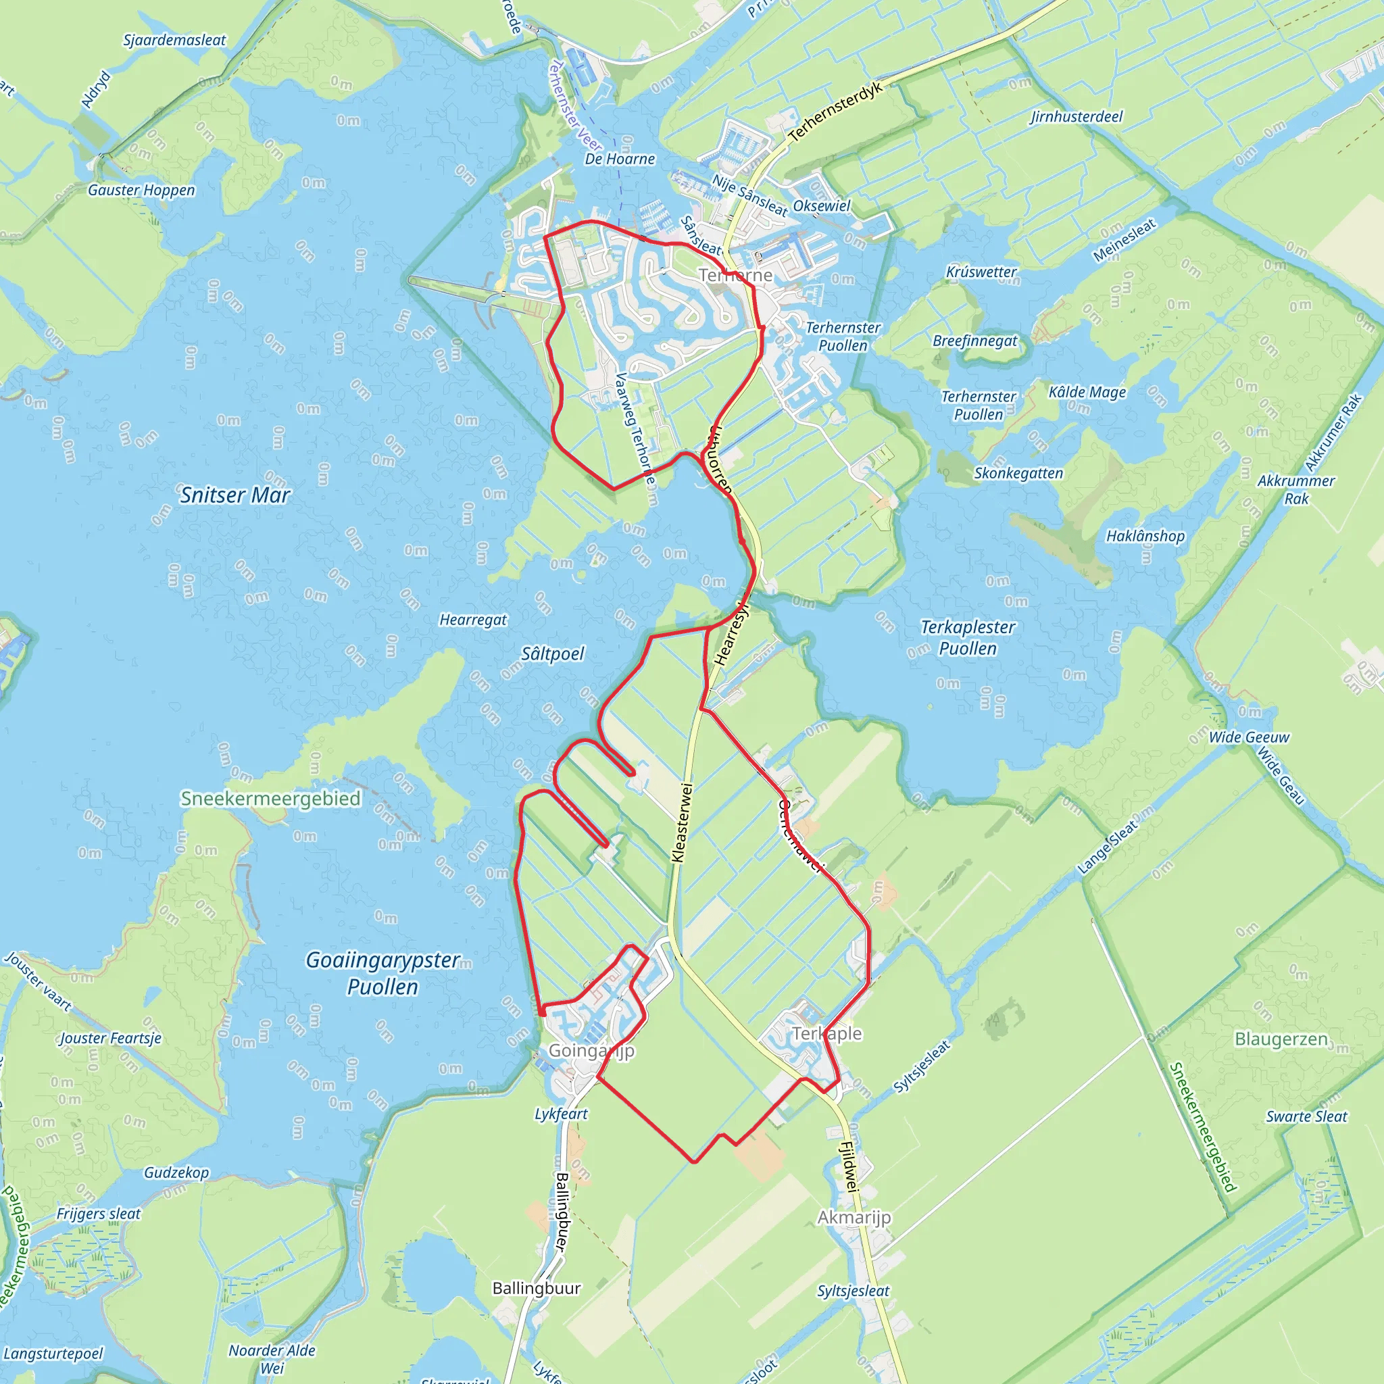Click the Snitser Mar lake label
pyautogui.click(x=235, y=495)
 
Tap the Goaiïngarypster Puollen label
pyautogui.click(x=382, y=973)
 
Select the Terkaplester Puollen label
pyautogui.click(x=968, y=637)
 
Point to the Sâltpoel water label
pyautogui.click(x=552, y=653)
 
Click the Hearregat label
pyautogui.click(x=473, y=620)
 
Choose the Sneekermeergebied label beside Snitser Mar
pyautogui.click(x=270, y=799)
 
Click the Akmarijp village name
pyautogui.click(x=855, y=1217)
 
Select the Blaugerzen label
pyautogui.click(x=1281, y=1039)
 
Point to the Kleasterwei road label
pyautogui.click(x=682, y=823)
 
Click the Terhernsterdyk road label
pyautogui.click(x=835, y=112)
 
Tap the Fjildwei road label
pyautogui.click(x=848, y=1166)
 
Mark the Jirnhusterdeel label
pyautogui.click(x=1076, y=117)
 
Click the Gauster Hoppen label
pyautogui.click(x=141, y=190)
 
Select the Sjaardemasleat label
pyautogui.click(x=175, y=40)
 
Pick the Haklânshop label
pyautogui.click(x=1145, y=536)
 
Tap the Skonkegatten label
pyautogui.click(x=1018, y=473)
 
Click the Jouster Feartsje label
pyautogui.click(x=110, y=1038)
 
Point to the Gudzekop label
pyautogui.click(x=176, y=1172)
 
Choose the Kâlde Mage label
pyautogui.click(x=1087, y=392)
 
